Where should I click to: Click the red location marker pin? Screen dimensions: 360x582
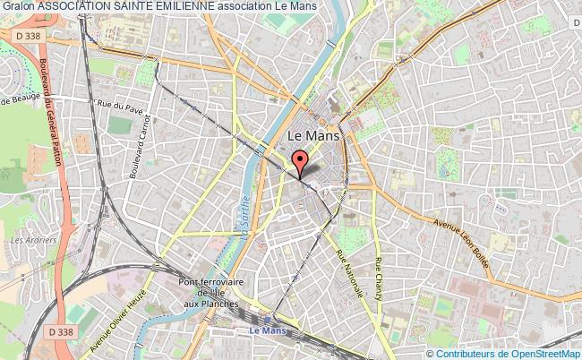300,162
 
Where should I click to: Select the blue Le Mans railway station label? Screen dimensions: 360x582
261,330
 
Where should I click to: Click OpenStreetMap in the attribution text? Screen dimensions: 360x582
547,352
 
